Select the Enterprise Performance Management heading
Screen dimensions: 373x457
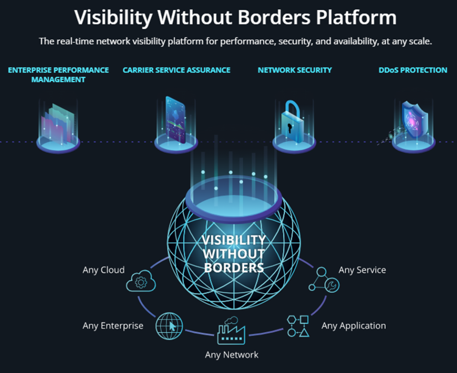58,75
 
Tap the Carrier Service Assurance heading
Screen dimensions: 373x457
176,70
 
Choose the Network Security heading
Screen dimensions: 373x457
295,70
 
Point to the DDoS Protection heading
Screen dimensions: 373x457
413,70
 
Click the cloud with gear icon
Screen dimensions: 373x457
141,280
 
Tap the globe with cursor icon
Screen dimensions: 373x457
169,326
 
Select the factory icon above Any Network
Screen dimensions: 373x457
231,331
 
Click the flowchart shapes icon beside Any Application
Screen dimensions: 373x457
298,326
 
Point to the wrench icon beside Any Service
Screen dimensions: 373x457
331,286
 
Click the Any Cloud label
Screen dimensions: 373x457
104,270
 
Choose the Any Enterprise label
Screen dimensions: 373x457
113,326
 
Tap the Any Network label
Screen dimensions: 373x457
231,355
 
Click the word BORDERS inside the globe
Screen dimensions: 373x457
234,268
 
